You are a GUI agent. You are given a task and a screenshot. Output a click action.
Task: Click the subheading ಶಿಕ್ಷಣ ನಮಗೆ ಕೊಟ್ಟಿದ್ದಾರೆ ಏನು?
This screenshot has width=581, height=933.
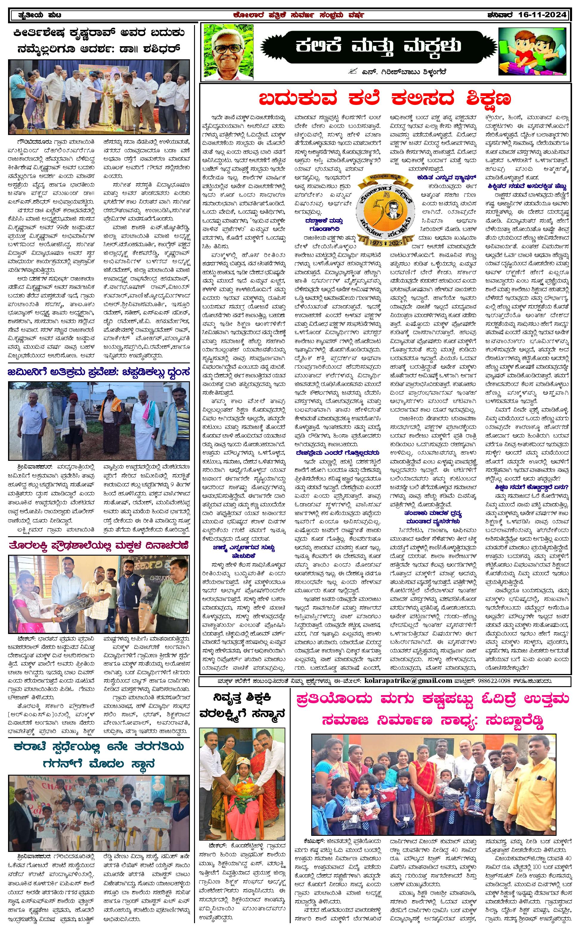click(532, 487)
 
